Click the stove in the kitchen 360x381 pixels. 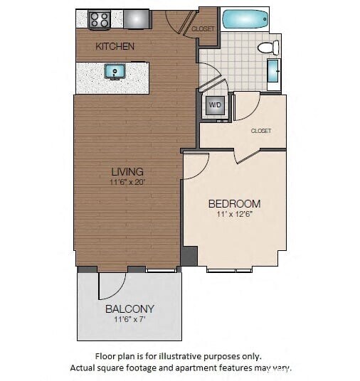click(99, 19)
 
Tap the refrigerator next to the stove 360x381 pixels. click(136, 18)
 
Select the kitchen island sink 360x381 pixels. click(115, 71)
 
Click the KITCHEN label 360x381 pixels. click(115, 46)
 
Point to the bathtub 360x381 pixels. click(245, 19)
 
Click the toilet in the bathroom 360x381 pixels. click(268, 48)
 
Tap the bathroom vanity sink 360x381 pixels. click(274, 74)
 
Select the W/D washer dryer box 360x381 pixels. click(214, 106)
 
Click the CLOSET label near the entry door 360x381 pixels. click(203, 29)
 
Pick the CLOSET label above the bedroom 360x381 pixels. click(261, 131)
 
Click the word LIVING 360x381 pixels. click(127, 171)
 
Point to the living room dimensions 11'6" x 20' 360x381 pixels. click(127, 182)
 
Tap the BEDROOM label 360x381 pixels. click(234, 203)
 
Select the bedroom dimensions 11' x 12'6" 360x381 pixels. click(234, 214)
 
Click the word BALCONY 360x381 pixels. click(129, 308)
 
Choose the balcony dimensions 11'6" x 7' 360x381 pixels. click(129, 320)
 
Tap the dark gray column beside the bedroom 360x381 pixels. click(189, 255)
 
